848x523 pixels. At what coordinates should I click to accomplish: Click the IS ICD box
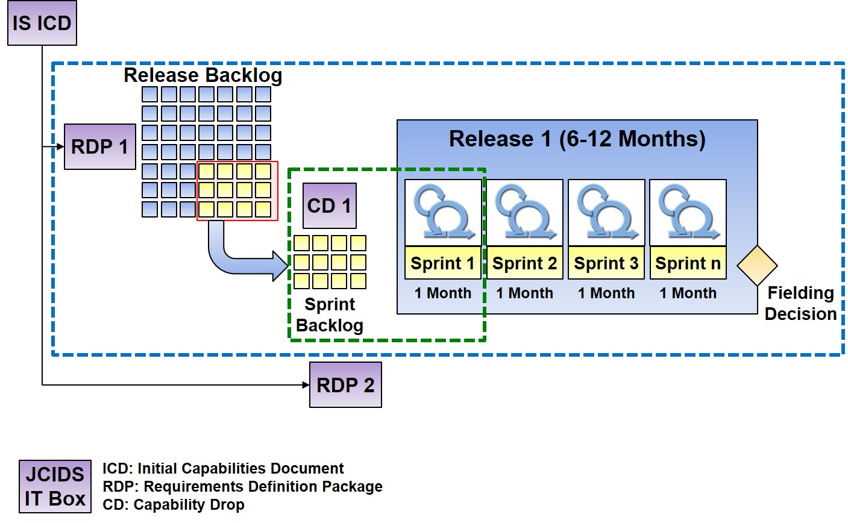coord(42,23)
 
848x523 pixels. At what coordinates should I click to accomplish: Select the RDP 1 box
coord(99,146)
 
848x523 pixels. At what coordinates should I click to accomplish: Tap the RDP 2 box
coord(345,385)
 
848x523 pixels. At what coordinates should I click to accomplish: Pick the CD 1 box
coord(329,206)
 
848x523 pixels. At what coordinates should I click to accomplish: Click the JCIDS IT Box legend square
coord(55,486)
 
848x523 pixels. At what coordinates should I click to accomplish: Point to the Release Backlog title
coord(203,75)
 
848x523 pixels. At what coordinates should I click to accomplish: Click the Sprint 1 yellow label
coord(442,263)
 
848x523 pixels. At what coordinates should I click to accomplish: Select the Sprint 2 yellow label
coord(524,263)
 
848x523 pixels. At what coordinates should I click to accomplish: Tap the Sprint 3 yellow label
coord(606,263)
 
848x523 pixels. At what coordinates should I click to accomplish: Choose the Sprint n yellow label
coord(688,263)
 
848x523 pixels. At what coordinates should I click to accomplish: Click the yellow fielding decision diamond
coord(757,265)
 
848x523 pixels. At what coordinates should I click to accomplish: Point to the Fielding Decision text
coord(800,304)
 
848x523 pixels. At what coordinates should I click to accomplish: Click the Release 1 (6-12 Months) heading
coord(577,139)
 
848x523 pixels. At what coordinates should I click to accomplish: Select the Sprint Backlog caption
coord(330,315)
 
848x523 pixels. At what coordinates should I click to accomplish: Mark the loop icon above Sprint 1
coord(442,213)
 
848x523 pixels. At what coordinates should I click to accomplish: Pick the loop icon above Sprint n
coord(688,213)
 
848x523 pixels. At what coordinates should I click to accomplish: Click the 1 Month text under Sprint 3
coord(606,293)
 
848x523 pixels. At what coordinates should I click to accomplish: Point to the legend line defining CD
coord(174,505)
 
